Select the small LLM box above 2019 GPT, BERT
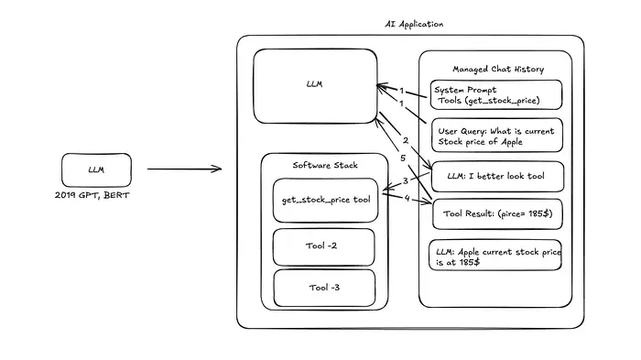[x=96, y=169]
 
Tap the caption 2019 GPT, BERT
[x=96, y=197]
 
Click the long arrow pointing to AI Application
[x=183, y=169]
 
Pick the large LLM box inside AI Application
[x=314, y=85]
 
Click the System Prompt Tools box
[x=495, y=94]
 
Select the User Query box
[x=495, y=136]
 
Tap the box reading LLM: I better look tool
[x=495, y=176]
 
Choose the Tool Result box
[x=495, y=213]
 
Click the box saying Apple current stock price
[x=495, y=256]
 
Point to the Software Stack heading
[x=326, y=165]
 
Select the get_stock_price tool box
[x=325, y=201]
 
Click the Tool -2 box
[x=324, y=246]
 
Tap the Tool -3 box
[x=324, y=287]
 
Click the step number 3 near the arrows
[x=406, y=180]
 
